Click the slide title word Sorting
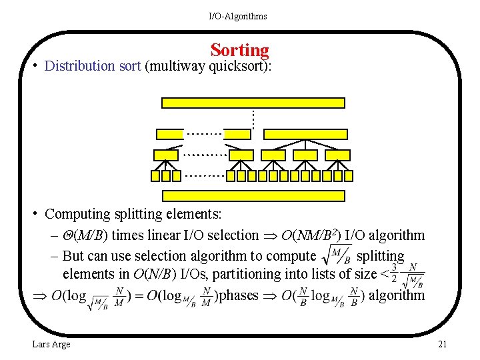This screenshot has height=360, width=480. tap(239, 50)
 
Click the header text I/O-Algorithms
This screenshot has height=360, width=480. tap(237, 16)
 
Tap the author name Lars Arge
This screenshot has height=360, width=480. tap(51, 344)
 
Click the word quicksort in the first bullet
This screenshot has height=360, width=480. tap(239, 66)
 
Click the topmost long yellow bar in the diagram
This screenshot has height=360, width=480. tap(253, 103)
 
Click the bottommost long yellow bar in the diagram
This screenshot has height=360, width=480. tap(253, 196)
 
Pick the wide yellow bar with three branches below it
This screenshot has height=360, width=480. tap(306, 134)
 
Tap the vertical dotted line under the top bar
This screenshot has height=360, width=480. tap(253, 119)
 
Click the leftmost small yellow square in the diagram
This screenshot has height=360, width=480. tap(156, 176)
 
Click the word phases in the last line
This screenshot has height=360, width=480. tap(238, 295)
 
